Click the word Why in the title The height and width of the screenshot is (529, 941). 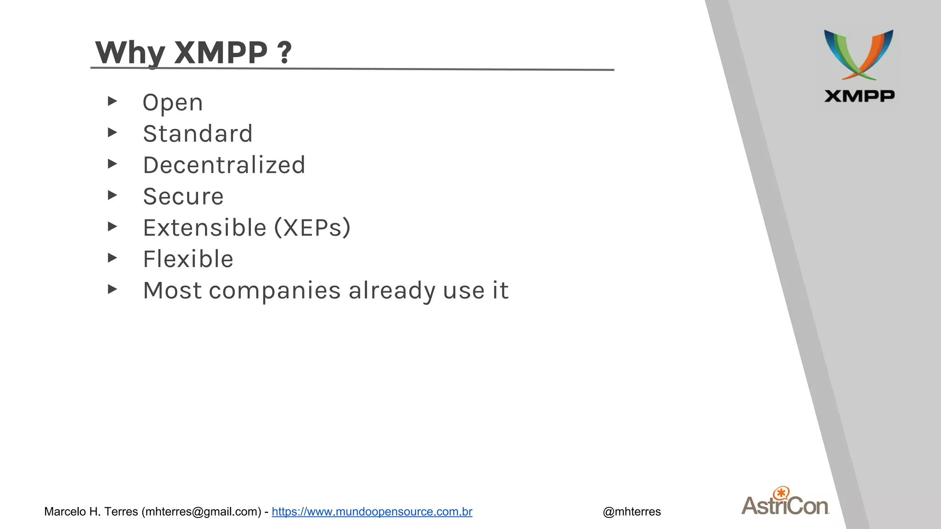coord(130,53)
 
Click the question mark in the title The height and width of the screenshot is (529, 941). coord(284,53)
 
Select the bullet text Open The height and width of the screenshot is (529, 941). coord(173,103)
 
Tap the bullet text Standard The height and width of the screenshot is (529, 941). coord(198,134)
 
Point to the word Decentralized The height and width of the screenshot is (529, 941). coord(224,165)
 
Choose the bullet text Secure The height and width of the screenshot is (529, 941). coord(183,197)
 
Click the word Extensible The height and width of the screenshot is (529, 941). coord(205,228)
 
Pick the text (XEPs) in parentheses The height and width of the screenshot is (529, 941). coord(312,228)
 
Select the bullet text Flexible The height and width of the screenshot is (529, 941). coord(188,259)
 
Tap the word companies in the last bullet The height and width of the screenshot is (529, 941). coord(275,291)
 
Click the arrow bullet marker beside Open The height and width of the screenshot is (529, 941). coord(113,101)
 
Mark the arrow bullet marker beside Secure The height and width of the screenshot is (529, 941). coord(113,195)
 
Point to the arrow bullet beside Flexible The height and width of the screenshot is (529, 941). coord(113,258)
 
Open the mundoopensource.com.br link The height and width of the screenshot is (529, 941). coord(372,512)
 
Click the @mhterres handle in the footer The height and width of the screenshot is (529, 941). coord(632,512)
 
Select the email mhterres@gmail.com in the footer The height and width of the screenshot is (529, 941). coord(201,512)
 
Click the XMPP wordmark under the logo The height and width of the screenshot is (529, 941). coord(859,96)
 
